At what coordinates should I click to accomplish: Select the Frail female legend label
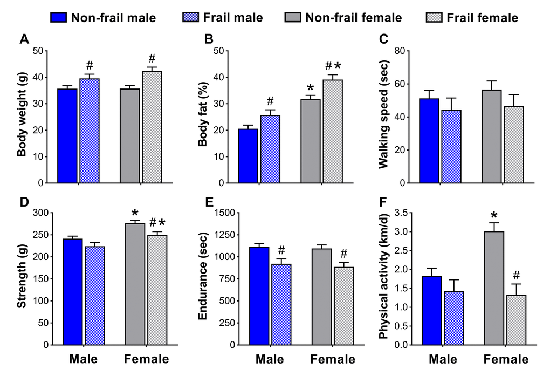(482, 18)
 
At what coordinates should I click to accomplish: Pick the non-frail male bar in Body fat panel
(248, 156)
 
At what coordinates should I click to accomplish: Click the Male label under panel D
(84, 359)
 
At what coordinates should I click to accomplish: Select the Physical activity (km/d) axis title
(383, 278)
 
